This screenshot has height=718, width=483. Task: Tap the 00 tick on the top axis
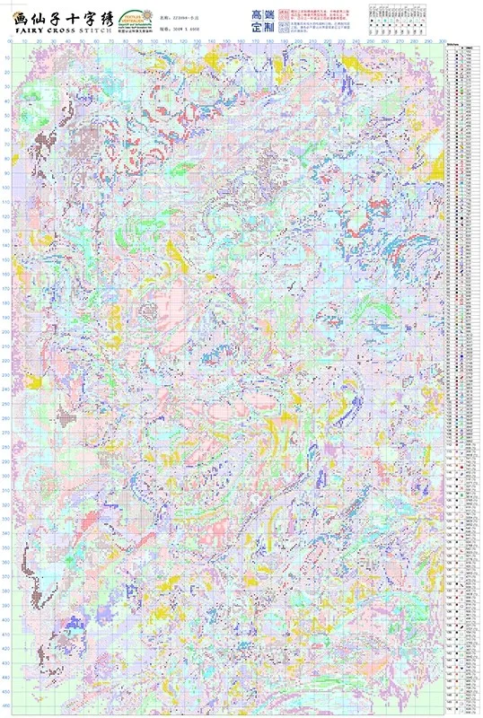pyautogui.click(x=10, y=41)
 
